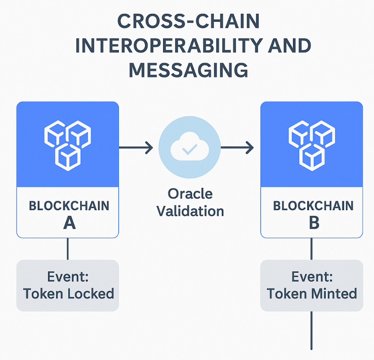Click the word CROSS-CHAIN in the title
[x=188, y=22]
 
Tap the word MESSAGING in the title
[x=188, y=70]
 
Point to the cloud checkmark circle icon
[x=189, y=148]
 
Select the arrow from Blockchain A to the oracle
[x=136, y=148]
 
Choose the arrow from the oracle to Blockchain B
[x=237, y=148]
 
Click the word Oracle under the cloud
[x=190, y=194]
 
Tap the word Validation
[x=190, y=210]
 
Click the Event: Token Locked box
[x=67, y=286]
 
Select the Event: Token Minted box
[x=311, y=286]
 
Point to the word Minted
[x=335, y=294]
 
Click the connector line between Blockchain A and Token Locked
[x=68, y=249]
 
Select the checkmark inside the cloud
[x=190, y=150]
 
